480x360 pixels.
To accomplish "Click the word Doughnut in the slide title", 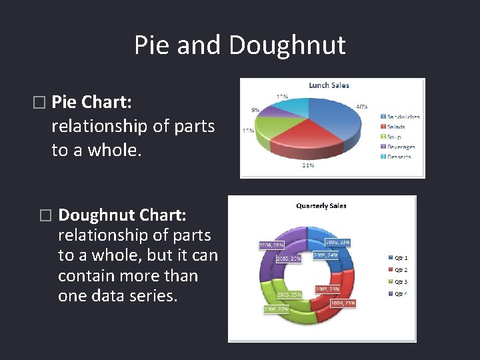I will (287, 45).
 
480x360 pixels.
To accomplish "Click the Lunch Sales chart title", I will (329, 85).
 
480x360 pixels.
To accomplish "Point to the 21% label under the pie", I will (308, 165).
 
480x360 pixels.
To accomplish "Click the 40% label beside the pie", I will (361, 107).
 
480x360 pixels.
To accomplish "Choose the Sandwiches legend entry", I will (403, 117).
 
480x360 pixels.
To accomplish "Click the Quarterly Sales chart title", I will (321, 206).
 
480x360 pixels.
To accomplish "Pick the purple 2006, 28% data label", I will (272, 245).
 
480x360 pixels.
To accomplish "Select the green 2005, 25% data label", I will (288, 294).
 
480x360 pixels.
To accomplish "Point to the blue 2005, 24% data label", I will (325, 255).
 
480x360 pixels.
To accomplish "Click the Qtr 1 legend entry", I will (401, 257).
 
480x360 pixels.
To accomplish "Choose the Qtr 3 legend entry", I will (401, 281).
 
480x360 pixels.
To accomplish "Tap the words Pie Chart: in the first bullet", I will (91, 102).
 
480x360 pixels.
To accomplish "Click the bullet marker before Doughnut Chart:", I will (45, 215).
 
